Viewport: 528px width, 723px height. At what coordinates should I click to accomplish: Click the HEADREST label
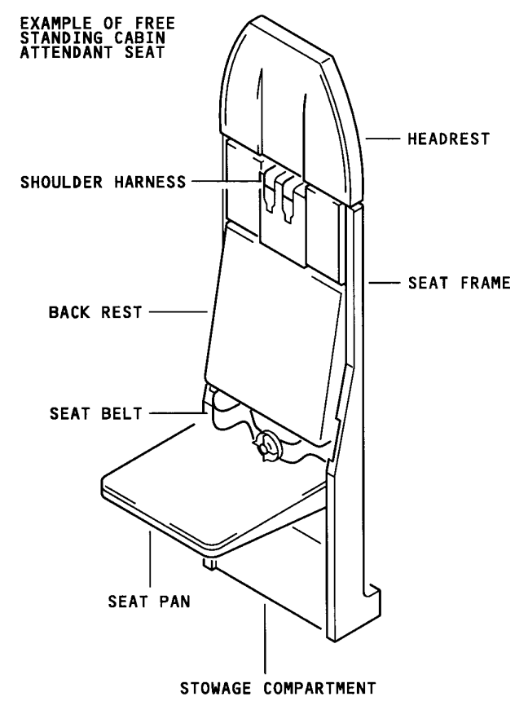coord(448,139)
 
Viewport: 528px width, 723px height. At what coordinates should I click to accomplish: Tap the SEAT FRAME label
coord(460,283)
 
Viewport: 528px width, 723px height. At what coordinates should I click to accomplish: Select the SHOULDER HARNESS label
coord(103,182)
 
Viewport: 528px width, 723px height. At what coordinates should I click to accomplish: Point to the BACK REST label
coord(95,312)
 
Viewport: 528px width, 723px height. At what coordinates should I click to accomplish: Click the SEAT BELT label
coord(96,413)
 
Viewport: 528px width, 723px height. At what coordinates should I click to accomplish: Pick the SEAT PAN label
coord(149,602)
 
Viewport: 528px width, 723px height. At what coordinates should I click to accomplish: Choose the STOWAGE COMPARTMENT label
coord(278,689)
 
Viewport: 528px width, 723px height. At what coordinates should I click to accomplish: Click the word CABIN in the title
coord(140,37)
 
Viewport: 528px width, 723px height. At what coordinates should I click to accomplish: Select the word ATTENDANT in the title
coord(65,51)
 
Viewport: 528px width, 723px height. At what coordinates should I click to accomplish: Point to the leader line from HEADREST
coord(382,139)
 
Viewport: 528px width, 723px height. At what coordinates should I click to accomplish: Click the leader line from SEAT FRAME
coord(385,283)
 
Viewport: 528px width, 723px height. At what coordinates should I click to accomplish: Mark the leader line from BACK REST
coord(178,312)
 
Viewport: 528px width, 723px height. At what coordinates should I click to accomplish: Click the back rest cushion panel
coord(274,332)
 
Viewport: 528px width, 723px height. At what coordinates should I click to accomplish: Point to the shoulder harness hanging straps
coord(279,194)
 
